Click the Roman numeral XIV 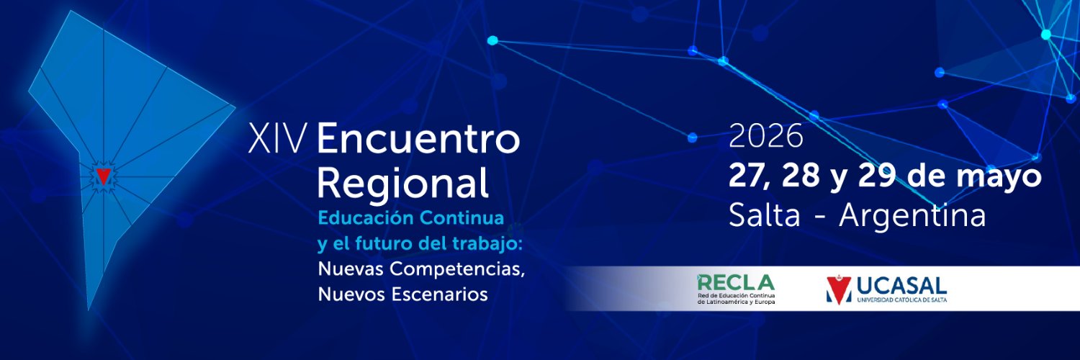point(277,139)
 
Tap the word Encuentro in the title point(418,139)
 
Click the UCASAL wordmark point(901,284)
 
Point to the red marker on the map point(104,176)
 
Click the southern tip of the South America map point(89,307)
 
